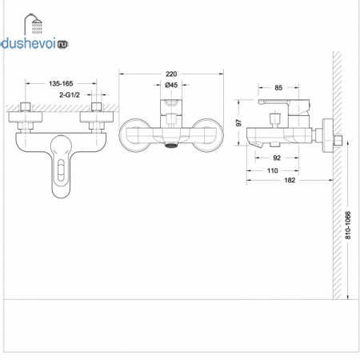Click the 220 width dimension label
point(171,74)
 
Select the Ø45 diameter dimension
point(171,85)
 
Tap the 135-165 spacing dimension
point(61,84)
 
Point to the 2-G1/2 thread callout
point(70,95)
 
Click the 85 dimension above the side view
point(278,88)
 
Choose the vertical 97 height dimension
point(238,123)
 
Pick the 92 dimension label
point(277,158)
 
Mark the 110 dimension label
point(273,170)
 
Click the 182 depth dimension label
point(290,180)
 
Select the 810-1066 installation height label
point(348,226)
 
